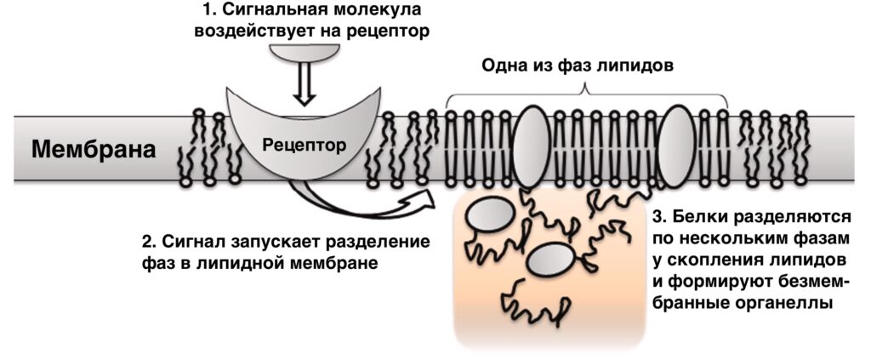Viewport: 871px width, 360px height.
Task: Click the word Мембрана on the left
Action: pyautogui.click(x=94, y=151)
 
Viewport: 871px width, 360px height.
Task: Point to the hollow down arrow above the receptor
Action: pyautogui.click(x=304, y=83)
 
